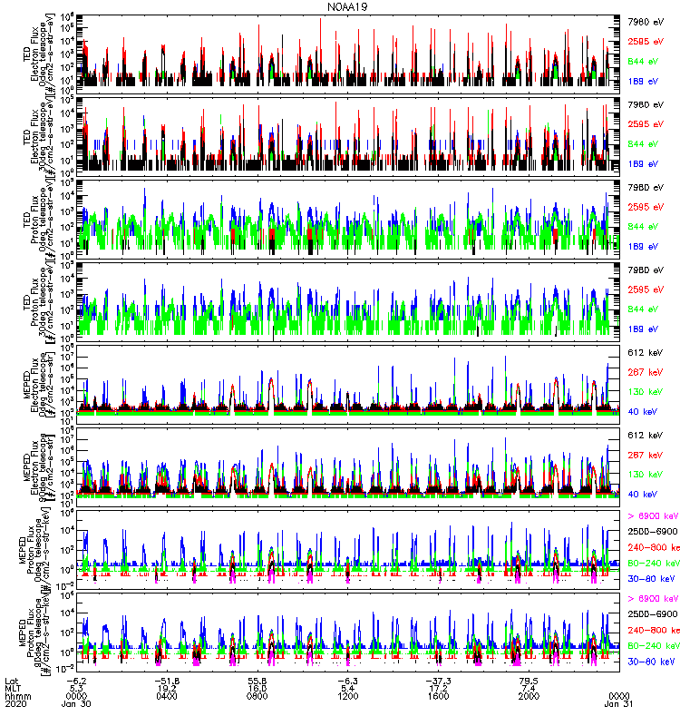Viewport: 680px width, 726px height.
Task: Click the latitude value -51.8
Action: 167,680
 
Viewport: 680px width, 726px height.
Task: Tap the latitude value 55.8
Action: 257,680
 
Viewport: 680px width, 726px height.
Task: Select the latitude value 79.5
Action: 529,680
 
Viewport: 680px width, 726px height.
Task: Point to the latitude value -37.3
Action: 438,680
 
